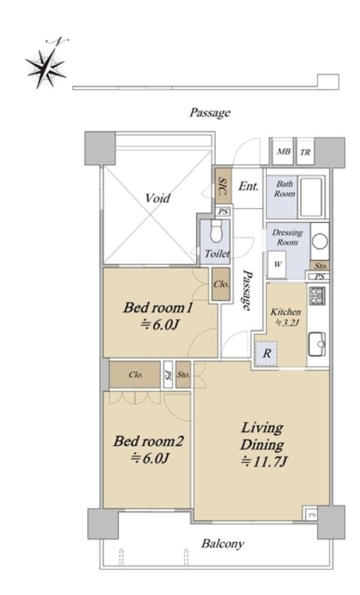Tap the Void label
click(x=158, y=198)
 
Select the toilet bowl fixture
click(x=216, y=231)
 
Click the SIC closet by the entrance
click(x=223, y=186)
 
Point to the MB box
click(x=283, y=152)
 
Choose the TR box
click(x=305, y=152)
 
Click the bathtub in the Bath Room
click(x=311, y=197)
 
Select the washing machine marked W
click(x=277, y=264)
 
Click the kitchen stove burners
click(x=317, y=296)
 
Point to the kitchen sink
click(x=317, y=344)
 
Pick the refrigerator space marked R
click(x=266, y=354)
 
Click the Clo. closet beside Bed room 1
click(x=221, y=284)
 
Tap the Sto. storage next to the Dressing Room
click(x=320, y=266)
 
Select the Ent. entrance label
click(x=249, y=187)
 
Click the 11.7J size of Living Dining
click(x=265, y=462)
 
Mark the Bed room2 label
click(x=148, y=441)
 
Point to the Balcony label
click(x=223, y=544)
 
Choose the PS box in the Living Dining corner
click(x=312, y=515)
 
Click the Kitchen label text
click(x=286, y=312)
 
